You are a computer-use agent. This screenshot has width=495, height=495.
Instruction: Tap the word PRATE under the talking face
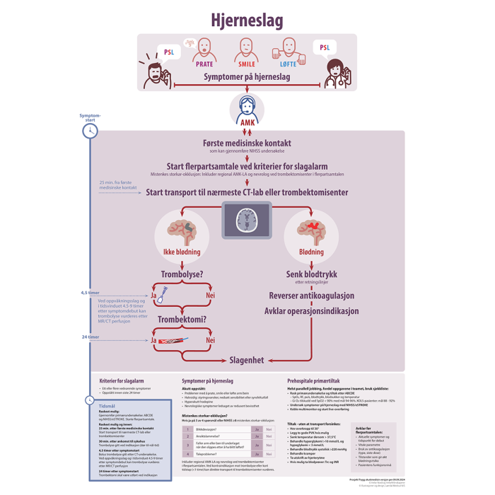point(204,64)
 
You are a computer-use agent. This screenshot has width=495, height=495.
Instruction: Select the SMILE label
point(247,64)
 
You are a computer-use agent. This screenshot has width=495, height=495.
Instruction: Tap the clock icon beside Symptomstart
point(91,130)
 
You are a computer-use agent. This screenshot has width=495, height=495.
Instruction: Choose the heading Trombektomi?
point(182,320)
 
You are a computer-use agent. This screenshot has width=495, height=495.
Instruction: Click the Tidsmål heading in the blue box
point(108,406)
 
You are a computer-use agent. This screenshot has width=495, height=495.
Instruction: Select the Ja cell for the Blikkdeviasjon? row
point(258,429)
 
